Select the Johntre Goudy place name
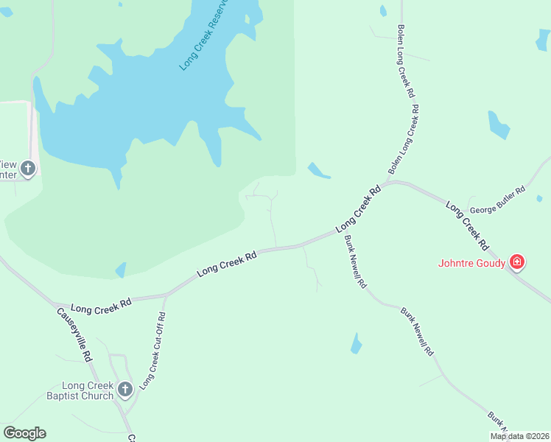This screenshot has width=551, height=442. pos(471,263)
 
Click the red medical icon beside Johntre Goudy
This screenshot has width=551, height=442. pos(517,262)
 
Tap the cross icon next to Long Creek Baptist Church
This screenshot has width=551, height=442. pos(124,388)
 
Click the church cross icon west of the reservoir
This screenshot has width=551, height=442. pos(28,169)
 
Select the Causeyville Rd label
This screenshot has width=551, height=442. pos(74,333)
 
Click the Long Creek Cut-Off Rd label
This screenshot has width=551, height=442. pos(152,350)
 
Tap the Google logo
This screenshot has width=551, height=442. pos(24,433)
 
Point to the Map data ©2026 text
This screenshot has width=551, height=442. pos(519,436)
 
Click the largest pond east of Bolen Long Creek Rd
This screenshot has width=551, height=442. pos(499,124)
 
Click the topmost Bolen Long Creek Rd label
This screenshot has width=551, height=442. pos(407,63)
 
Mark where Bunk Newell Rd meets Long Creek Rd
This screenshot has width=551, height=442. pos(340,231)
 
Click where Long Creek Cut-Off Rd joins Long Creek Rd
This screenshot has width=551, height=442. pos(166,295)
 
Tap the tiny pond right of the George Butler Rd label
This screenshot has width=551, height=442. pos(539,197)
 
